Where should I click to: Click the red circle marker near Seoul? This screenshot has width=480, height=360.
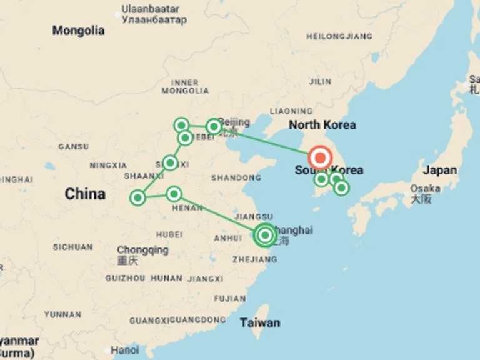[x=320, y=158]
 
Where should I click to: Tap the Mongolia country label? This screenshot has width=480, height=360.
[x=78, y=31]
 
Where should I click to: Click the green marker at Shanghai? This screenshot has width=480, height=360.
[x=265, y=235]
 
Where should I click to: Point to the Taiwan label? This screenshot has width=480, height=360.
[x=260, y=322]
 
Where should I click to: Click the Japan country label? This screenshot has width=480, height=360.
[x=439, y=170]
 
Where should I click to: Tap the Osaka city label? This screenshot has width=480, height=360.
[x=425, y=189]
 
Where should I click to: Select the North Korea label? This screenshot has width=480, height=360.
[x=322, y=125]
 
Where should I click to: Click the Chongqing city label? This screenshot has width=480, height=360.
[x=142, y=250]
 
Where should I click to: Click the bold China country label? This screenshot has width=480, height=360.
[x=85, y=194]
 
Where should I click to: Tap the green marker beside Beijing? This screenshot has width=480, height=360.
[x=214, y=126]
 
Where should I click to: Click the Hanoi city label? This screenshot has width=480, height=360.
[x=125, y=350]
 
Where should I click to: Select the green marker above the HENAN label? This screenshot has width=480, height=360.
[x=174, y=194]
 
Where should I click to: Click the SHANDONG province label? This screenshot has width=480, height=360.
[x=236, y=178]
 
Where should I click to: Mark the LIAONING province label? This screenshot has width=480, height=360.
[x=291, y=111]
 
